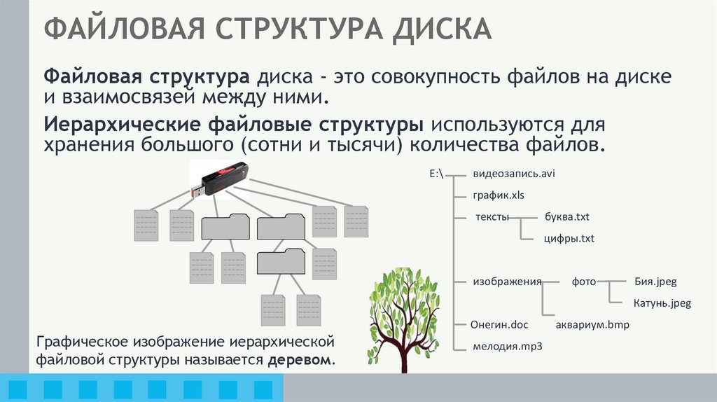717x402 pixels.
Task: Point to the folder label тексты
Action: coord(492,217)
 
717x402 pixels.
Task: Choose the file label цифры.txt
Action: coord(569,239)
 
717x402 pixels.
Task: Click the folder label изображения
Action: coord(508,282)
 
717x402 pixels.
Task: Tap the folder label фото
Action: coord(583,282)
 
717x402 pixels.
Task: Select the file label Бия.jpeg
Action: coord(655,282)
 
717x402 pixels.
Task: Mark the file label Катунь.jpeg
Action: coord(662,304)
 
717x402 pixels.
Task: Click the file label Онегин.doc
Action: coord(500,325)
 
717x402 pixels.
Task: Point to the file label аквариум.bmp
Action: coord(593,325)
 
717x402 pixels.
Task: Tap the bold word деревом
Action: coord(301,360)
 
